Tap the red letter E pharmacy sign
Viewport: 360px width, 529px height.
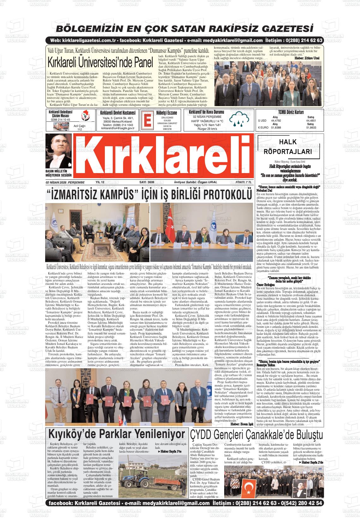[147, 120]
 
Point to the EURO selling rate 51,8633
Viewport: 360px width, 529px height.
[311, 128]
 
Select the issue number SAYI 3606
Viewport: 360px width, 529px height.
[147, 182]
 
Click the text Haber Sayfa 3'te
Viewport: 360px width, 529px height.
[170, 452]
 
